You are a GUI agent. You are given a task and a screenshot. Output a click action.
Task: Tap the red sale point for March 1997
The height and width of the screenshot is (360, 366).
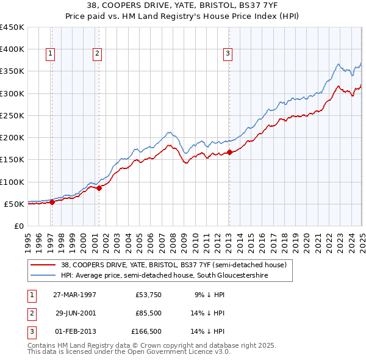click(52, 203)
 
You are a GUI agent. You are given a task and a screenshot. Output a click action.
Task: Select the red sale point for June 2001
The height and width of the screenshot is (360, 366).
click(99, 189)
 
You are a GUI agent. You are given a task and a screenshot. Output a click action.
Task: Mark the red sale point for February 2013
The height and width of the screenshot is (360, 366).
click(229, 153)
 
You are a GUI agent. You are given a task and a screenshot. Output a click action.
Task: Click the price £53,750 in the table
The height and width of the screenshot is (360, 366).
click(149, 294)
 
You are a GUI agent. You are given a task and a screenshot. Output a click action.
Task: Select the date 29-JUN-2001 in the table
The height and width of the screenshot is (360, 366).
click(76, 314)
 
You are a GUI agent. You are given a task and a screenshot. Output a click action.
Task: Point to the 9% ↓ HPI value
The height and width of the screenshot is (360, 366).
click(209, 294)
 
